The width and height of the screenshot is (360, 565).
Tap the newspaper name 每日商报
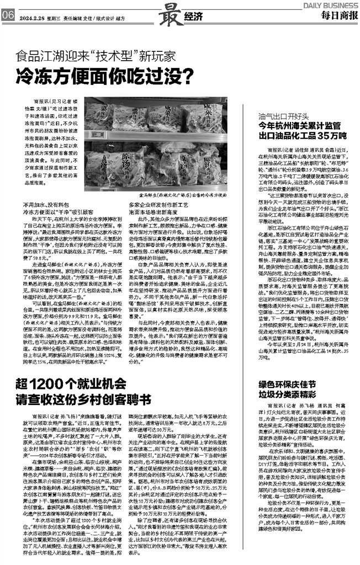338,15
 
